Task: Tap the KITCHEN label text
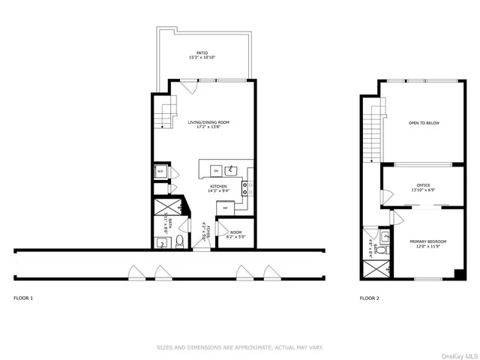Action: (218, 188)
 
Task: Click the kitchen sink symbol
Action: (232, 169)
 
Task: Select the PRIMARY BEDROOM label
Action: (427, 243)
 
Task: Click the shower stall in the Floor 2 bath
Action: (374, 268)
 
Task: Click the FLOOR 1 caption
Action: (23, 298)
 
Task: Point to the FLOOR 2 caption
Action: (369, 298)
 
